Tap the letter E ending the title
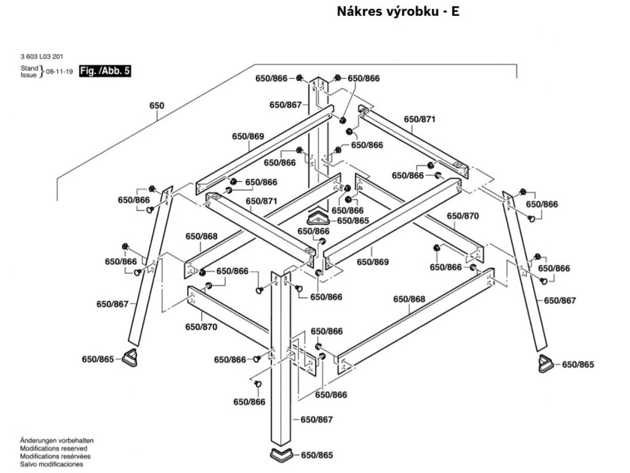coord(455,12)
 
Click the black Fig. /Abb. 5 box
coord(104,71)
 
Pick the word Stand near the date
coord(30,67)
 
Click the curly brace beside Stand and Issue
coord(41,71)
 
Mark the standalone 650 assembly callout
coord(157,105)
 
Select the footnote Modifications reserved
coord(54,450)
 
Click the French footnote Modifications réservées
coord(56,457)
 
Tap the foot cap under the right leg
coord(545,363)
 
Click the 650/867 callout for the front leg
coord(316,419)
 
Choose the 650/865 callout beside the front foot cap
coord(316,456)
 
